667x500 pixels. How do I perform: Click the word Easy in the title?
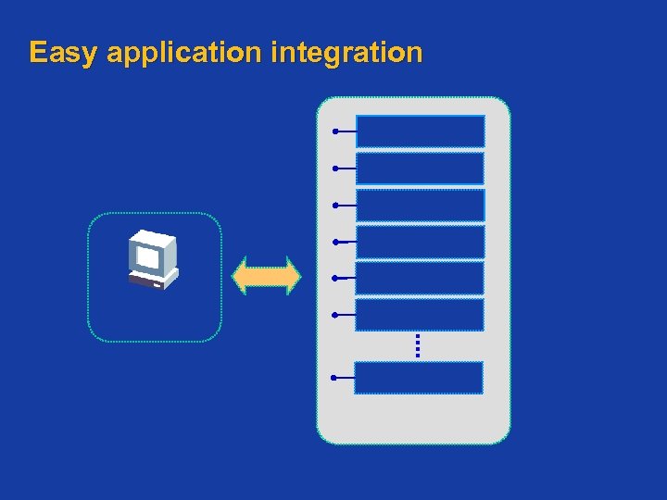[x=63, y=53]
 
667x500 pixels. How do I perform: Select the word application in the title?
[x=185, y=53]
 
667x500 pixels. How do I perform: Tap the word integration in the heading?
[x=347, y=53]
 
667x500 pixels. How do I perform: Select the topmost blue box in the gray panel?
[x=421, y=131]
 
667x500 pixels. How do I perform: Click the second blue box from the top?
[x=421, y=169]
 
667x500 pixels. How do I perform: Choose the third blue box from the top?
[x=421, y=206]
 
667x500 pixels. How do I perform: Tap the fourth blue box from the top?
[x=421, y=242]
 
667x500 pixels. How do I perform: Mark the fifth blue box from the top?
[x=420, y=278]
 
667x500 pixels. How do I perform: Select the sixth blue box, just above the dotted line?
[x=420, y=315]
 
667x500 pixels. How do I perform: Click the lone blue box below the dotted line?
[x=419, y=378]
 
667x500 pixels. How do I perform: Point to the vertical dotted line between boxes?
[x=418, y=345]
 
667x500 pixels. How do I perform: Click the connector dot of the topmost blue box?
[x=335, y=131]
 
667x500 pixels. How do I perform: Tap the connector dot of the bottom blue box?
[x=333, y=378]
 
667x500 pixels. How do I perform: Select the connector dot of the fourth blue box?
[x=335, y=242]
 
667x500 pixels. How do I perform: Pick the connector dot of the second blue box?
[x=335, y=169]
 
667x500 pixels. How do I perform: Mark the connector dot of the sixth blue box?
[x=334, y=315]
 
